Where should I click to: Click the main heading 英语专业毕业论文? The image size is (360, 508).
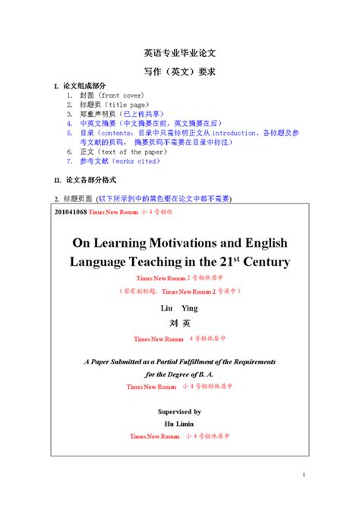180,54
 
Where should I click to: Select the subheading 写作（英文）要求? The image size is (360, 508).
180,71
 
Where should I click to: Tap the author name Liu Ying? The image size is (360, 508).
179,309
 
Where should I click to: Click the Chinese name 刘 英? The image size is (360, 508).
179,323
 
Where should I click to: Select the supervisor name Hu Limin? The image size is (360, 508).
179,423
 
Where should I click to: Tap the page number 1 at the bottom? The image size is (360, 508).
302,475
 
